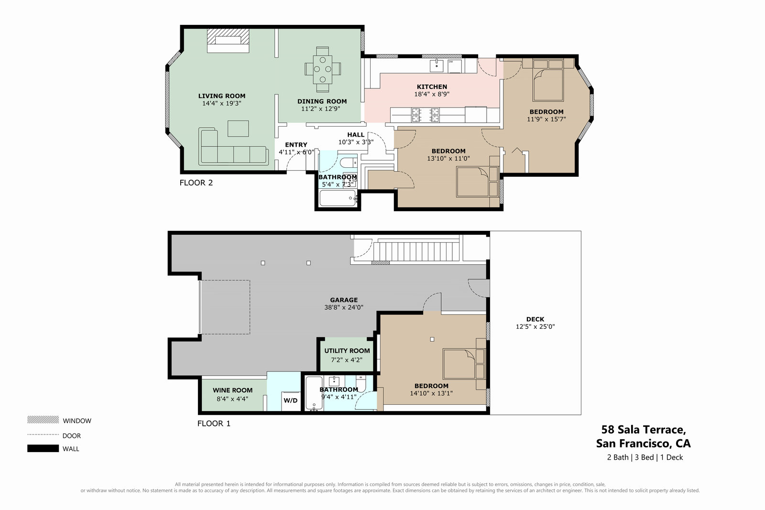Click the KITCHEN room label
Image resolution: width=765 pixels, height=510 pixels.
point(432,87)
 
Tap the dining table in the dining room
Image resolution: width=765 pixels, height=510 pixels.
point(322,69)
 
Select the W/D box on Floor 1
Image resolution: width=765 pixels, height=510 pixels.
point(291,401)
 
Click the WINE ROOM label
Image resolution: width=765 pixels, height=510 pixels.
point(232,390)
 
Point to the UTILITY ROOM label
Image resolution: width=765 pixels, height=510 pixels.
point(347,351)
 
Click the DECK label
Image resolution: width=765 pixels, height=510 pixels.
point(535,319)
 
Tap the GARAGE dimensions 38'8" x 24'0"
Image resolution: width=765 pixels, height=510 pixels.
point(344,307)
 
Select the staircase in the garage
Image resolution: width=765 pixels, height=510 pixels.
point(416,251)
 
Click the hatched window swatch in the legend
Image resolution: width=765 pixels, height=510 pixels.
point(43,420)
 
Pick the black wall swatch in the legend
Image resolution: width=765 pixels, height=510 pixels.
point(43,448)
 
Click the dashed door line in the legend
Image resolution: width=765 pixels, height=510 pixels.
point(43,434)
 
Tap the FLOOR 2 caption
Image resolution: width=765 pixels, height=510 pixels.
point(196,183)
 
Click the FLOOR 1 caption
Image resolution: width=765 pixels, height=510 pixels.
point(214,423)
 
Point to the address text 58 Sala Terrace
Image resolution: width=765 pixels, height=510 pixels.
point(644,429)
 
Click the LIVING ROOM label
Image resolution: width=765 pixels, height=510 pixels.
point(222,96)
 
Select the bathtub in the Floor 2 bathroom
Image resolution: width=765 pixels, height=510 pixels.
point(338,198)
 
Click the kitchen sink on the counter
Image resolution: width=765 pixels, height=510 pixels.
point(437,66)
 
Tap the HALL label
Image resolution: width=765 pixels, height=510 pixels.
point(356,135)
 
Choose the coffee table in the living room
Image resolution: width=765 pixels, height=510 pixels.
point(238,129)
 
